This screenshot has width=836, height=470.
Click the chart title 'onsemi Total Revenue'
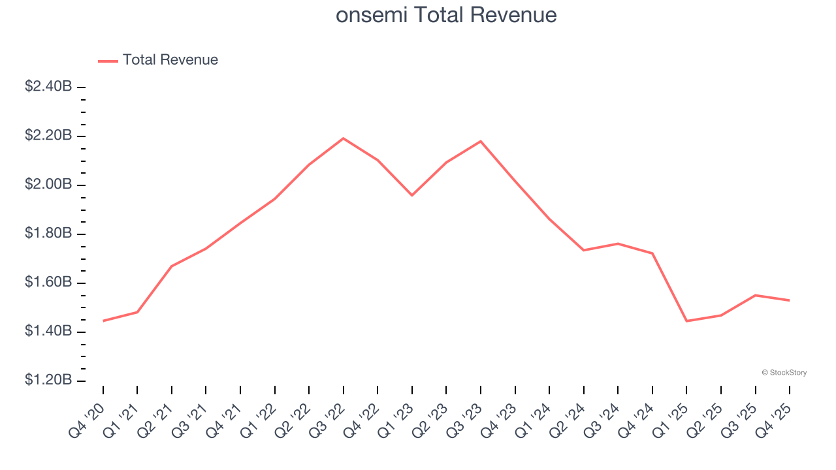[446, 14]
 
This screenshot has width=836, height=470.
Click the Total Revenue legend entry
[158, 60]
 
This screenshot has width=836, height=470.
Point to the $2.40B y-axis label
[48, 87]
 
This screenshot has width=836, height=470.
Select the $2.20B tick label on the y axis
[48, 136]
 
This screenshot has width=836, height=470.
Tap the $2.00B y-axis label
[48, 185]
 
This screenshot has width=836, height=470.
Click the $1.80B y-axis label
[48, 234]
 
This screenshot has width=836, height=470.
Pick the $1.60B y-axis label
[48, 283]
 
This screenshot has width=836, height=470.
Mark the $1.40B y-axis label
[48, 332]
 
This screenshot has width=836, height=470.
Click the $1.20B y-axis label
[48, 381]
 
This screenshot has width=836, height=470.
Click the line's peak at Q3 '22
[344, 138]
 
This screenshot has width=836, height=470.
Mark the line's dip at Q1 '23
[412, 195]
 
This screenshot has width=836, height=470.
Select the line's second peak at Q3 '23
[481, 141]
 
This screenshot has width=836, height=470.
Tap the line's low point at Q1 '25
[686, 321]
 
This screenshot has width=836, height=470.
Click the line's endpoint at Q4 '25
[790, 300]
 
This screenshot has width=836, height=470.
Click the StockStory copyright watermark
[784, 373]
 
